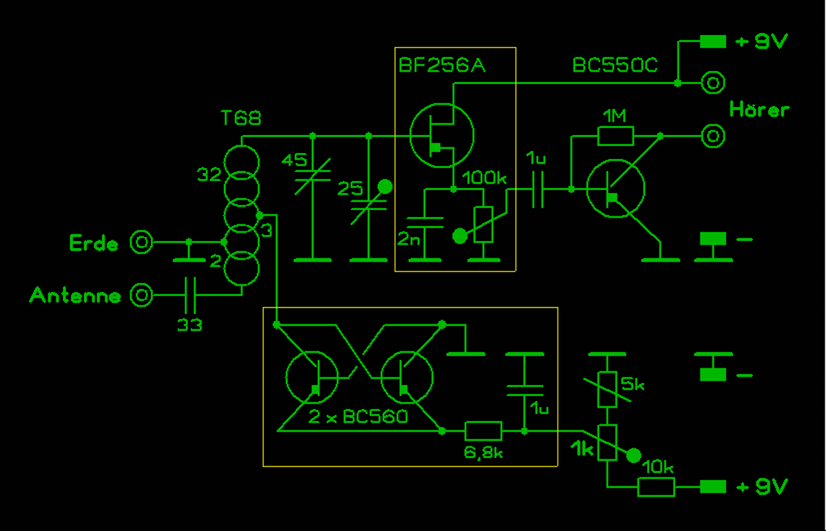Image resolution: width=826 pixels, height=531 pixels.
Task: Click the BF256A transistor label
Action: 442,65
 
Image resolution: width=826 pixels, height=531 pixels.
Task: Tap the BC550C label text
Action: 615,65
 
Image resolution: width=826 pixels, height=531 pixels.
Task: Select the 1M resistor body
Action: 615,136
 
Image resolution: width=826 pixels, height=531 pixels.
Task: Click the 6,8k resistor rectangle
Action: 483,431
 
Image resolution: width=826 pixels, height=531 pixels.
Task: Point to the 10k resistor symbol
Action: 656,487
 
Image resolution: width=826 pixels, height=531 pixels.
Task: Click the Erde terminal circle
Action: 142,242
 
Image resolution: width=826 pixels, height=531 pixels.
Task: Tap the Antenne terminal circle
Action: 142,295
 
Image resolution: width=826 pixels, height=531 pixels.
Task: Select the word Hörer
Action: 759,110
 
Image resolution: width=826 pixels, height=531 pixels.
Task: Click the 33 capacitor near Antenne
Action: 189,295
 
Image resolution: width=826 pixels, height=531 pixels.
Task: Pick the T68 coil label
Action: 241,118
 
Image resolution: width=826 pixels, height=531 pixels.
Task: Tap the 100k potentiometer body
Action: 484,224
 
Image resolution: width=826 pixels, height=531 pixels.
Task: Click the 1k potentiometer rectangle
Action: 606,442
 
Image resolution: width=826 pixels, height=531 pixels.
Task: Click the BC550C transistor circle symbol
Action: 615,189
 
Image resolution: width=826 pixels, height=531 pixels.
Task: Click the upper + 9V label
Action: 761,42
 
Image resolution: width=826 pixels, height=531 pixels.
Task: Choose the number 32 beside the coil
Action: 209,175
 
